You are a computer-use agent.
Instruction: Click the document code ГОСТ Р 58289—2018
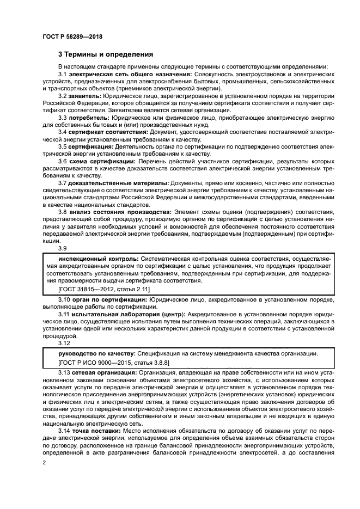pos(72,36)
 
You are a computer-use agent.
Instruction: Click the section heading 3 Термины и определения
pos(106,54)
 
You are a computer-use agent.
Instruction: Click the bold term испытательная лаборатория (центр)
pos(123,315)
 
